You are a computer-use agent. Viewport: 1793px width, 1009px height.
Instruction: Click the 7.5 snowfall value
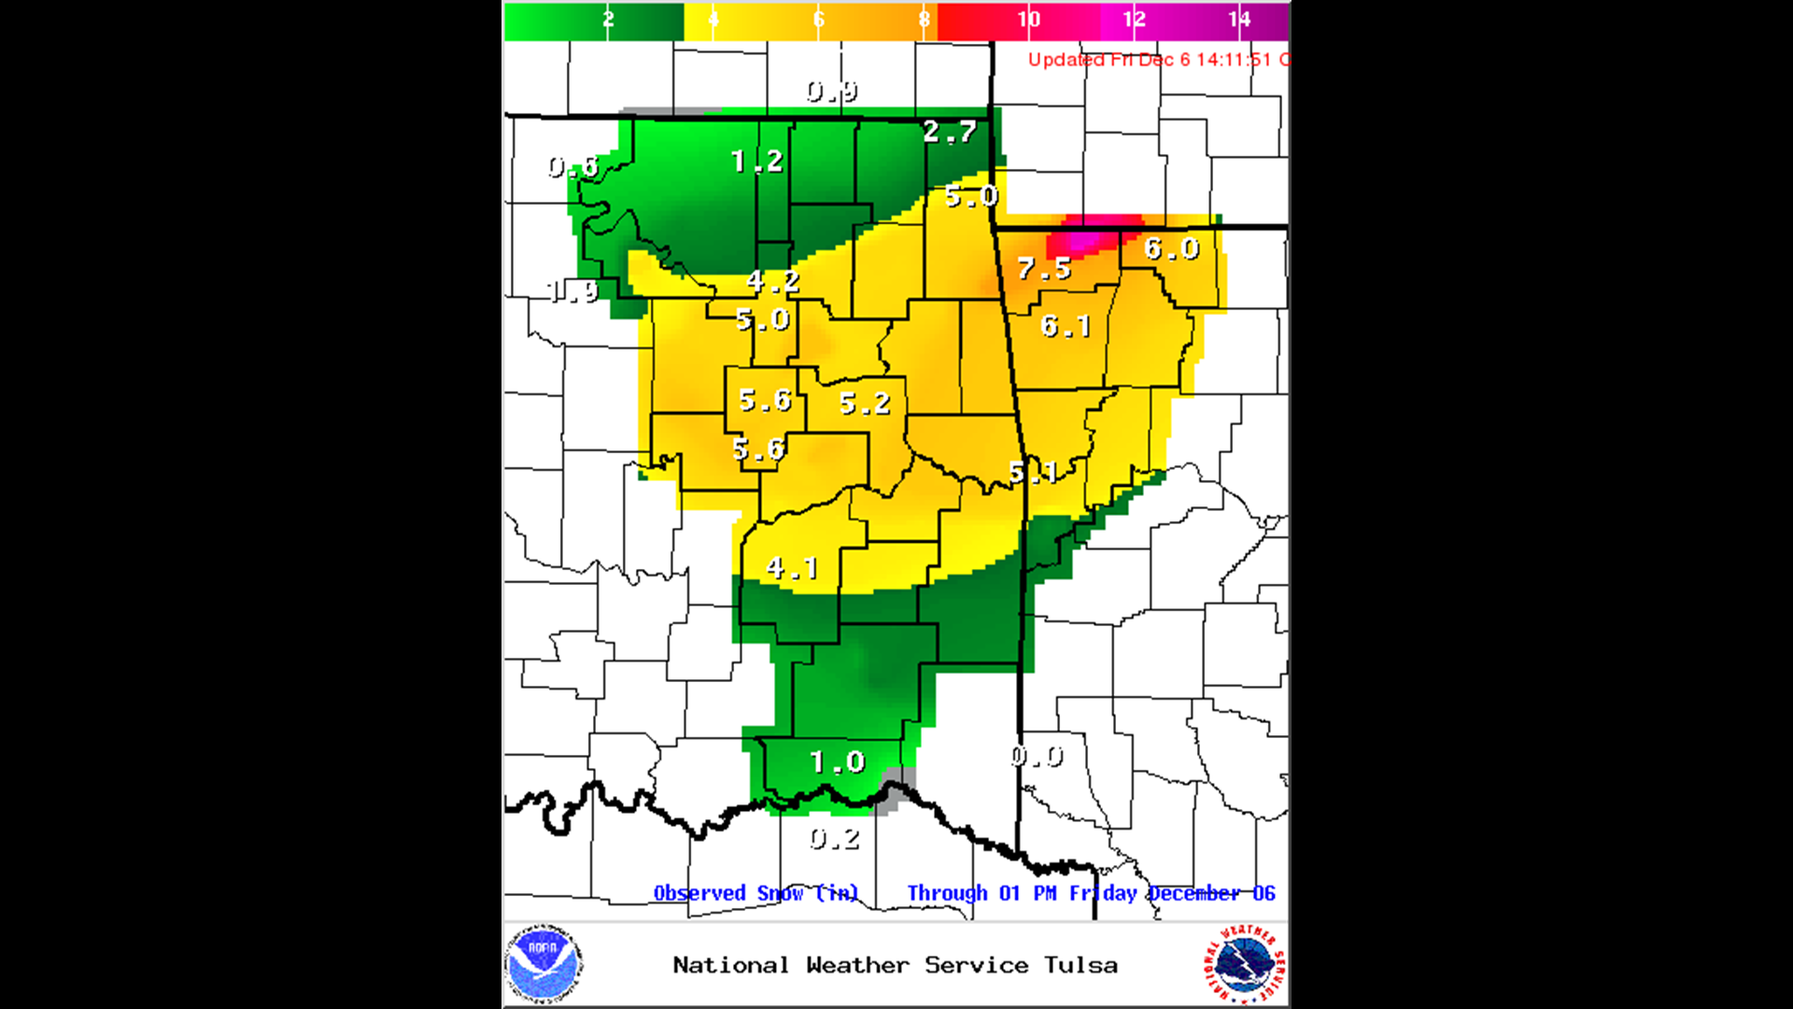(x=1044, y=269)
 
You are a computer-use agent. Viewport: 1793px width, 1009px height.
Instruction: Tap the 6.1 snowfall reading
(x=1066, y=326)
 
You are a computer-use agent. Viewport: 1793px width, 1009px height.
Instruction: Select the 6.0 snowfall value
(x=1171, y=249)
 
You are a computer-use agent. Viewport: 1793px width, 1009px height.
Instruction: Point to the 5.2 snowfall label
(x=865, y=404)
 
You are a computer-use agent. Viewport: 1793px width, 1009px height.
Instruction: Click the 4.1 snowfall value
(x=792, y=567)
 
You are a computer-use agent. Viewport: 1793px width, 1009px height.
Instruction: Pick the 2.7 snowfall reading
(x=950, y=132)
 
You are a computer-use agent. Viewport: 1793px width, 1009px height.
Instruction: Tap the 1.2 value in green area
(x=756, y=162)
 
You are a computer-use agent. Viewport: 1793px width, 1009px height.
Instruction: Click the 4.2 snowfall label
(x=773, y=280)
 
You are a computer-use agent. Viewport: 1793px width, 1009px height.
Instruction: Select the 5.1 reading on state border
(x=1033, y=473)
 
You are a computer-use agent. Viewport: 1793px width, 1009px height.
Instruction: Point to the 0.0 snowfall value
(x=1037, y=756)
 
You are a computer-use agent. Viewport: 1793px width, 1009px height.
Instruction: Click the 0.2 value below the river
(x=834, y=839)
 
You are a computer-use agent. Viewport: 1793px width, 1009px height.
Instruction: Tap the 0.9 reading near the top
(x=832, y=92)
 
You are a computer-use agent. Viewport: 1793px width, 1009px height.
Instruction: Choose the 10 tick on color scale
(x=1028, y=20)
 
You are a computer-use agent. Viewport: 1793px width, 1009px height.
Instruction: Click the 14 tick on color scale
(x=1239, y=20)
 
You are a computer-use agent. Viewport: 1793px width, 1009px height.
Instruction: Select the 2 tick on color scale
(x=608, y=20)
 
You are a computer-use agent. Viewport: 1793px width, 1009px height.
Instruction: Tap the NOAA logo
(x=544, y=964)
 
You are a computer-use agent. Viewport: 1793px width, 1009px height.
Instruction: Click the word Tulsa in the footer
(x=1080, y=965)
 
